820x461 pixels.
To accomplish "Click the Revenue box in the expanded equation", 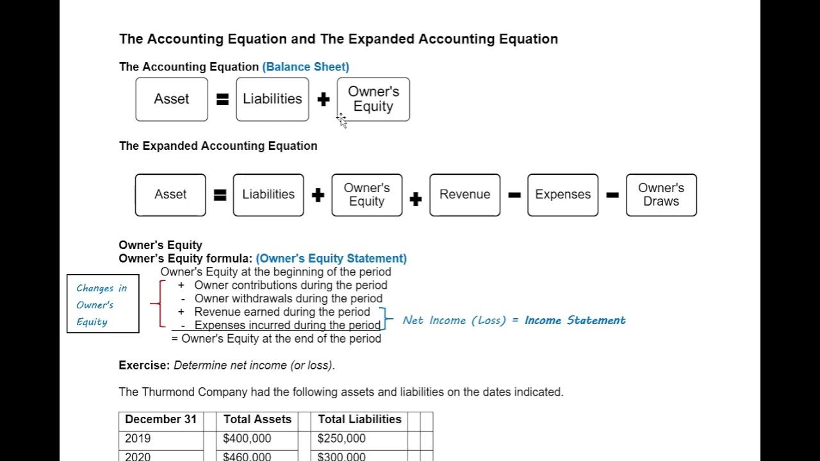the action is [x=464, y=195].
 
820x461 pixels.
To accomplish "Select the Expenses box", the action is [x=562, y=195].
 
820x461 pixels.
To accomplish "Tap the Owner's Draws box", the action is [x=661, y=195].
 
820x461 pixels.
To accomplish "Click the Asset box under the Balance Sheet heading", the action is [x=172, y=99].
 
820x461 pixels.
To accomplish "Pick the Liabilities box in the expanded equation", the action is [x=268, y=195].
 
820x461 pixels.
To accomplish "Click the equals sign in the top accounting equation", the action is [x=222, y=100].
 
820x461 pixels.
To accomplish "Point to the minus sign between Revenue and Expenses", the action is [x=514, y=195].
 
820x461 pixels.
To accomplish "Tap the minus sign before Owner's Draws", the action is [x=612, y=195].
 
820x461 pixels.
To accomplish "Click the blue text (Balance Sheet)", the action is [x=306, y=67].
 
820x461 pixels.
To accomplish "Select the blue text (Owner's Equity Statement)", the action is [x=331, y=259].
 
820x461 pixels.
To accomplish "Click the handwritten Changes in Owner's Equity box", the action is [x=102, y=304].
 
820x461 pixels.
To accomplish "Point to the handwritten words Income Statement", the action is [x=575, y=320].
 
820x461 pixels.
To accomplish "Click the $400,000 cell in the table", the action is [x=247, y=439].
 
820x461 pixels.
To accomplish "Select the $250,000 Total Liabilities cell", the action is [x=341, y=439].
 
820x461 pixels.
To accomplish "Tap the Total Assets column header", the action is [x=257, y=419].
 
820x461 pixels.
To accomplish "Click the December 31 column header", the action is [x=161, y=419].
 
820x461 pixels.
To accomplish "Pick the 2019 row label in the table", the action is [x=138, y=439].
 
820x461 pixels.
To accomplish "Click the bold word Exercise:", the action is [x=144, y=366].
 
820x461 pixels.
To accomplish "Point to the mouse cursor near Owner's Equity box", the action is [x=341, y=120].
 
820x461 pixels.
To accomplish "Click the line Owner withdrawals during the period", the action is [x=288, y=298].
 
